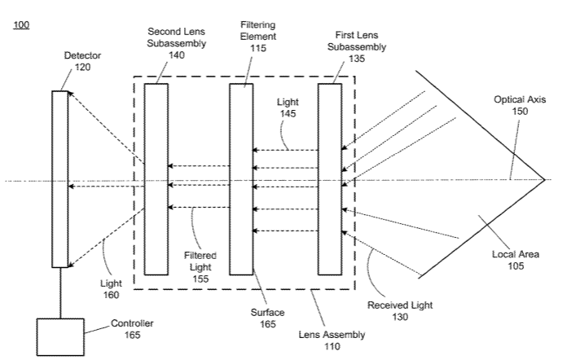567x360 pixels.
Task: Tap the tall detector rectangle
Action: [59, 179]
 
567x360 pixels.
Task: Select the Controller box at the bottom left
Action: [60, 334]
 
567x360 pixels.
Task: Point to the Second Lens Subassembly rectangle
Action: [156, 179]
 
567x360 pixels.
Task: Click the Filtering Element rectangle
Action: [241, 179]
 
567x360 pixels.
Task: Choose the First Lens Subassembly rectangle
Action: [330, 179]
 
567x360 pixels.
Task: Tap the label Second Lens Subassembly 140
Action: [176, 42]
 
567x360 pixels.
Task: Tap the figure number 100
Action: [22, 25]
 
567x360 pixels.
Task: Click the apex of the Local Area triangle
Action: [543, 179]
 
